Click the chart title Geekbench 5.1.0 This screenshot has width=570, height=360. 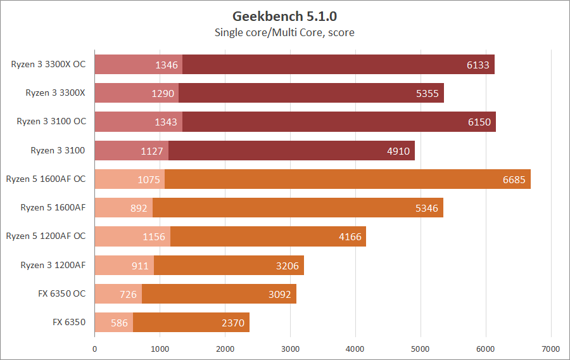(284, 16)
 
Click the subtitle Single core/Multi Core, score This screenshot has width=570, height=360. (284, 32)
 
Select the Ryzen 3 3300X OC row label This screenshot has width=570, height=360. (48, 64)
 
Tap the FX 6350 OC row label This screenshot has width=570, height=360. (61, 293)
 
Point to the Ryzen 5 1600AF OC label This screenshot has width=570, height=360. (46, 179)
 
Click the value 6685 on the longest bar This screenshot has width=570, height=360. (514, 179)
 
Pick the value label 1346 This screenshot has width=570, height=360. (167, 65)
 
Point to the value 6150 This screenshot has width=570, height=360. (479, 122)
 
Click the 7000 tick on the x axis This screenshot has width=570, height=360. (551, 349)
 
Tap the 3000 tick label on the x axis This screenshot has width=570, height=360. (290, 349)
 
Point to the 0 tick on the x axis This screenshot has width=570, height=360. (94, 349)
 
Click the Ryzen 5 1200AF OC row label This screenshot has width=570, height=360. (46, 236)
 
